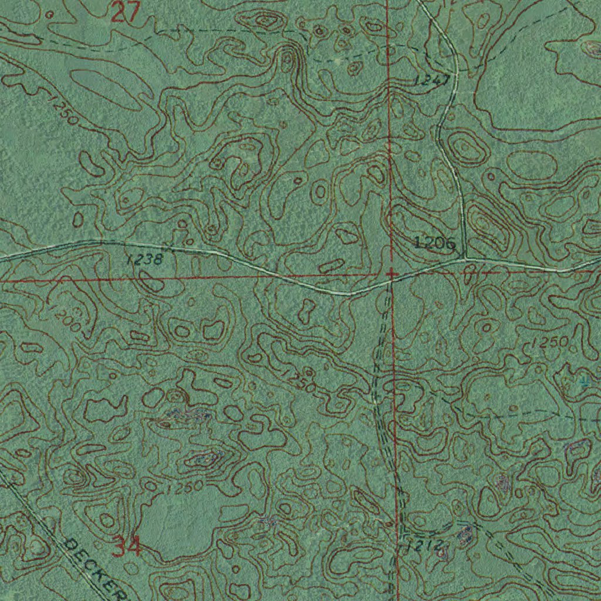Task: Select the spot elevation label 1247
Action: click(432, 80)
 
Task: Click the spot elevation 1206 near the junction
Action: click(434, 242)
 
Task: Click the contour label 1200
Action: click(65, 316)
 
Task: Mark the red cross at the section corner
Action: click(391, 274)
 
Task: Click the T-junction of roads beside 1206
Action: click(465, 258)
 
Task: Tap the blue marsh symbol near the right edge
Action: click(583, 381)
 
